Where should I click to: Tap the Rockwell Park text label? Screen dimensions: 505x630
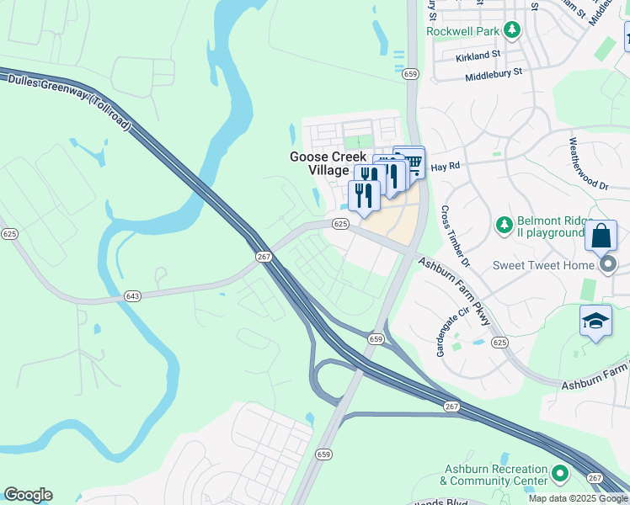[x=462, y=31]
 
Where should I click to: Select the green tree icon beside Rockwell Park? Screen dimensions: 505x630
[x=511, y=31]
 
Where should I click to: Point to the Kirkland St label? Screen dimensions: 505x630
[x=478, y=56]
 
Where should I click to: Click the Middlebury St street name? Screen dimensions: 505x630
[x=494, y=74]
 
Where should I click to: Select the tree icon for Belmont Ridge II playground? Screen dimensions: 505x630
[x=504, y=225]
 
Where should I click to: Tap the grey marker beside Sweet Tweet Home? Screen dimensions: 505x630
[x=609, y=265]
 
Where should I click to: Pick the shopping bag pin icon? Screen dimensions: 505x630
[x=601, y=236]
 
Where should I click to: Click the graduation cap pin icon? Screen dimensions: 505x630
[x=595, y=322]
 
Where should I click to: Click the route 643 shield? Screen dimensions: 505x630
[x=133, y=295]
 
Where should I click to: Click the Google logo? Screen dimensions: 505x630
[x=28, y=495]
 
